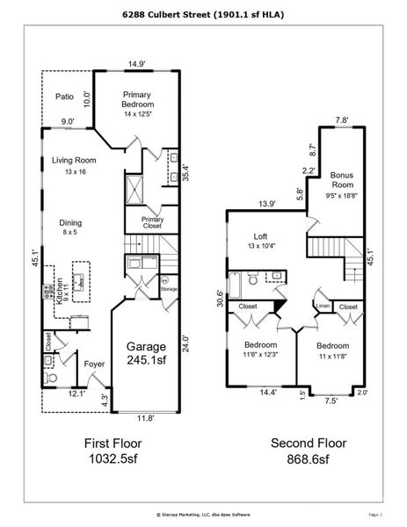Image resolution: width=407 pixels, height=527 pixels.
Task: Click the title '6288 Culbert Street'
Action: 203,15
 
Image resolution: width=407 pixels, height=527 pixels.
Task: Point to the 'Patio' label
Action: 64,97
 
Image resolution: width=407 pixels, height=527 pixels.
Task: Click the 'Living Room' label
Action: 73,166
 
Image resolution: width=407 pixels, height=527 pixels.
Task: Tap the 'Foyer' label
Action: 94,364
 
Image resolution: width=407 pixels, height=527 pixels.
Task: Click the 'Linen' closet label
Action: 323,306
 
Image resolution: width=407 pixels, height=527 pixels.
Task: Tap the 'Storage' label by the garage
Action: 170,287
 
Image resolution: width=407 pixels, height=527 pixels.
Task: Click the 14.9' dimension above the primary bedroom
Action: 135,64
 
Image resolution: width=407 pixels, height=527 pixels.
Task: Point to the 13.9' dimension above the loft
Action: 266,204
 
